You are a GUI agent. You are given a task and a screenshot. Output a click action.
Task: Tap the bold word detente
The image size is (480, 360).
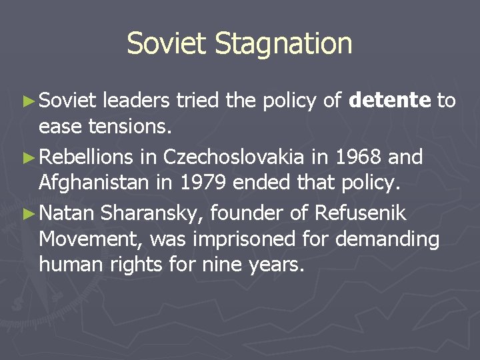[x=390, y=101]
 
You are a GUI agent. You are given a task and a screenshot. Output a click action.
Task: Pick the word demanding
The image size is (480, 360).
[x=388, y=238]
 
